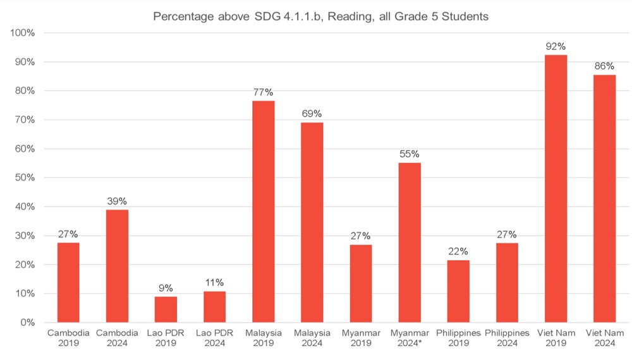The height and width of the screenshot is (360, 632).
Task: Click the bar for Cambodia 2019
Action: (68, 282)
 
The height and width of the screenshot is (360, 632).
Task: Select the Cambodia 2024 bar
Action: (117, 266)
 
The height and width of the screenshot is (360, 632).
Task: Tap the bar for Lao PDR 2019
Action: (166, 309)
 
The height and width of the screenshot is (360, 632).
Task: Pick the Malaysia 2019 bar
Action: (263, 212)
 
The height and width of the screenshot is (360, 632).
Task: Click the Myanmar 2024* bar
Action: (410, 243)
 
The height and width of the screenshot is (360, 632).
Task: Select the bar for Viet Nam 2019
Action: (556, 189)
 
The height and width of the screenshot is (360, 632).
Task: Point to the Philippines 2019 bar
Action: (458, 291)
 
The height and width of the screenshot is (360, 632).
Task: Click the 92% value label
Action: (556, 47)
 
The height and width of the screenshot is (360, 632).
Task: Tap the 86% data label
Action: (605, 66)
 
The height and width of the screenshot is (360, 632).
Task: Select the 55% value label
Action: (410, 153)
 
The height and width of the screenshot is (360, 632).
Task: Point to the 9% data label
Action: (166, 287)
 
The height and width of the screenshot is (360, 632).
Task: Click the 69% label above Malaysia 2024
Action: (312, 114)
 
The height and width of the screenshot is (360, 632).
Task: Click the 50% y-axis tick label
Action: (23, 177)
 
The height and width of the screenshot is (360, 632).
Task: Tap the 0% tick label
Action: (26, 323)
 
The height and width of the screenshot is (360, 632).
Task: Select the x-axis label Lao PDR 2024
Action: (214, 338)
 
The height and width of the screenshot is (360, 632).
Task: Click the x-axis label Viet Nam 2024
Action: (605, 338)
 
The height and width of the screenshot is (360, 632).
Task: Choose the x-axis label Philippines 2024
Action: (507, 338)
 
